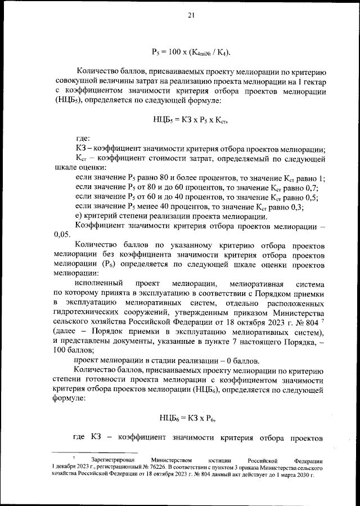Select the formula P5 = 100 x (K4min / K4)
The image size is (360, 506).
pyautogui.click(x=191, y=52)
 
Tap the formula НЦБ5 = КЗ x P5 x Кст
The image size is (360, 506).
pyautogui.click(x=190, y=119)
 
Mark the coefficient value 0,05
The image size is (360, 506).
pyautogui.click(x=62, y=234)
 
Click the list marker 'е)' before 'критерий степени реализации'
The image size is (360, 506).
pyautogui.click(x=79, y=217)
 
